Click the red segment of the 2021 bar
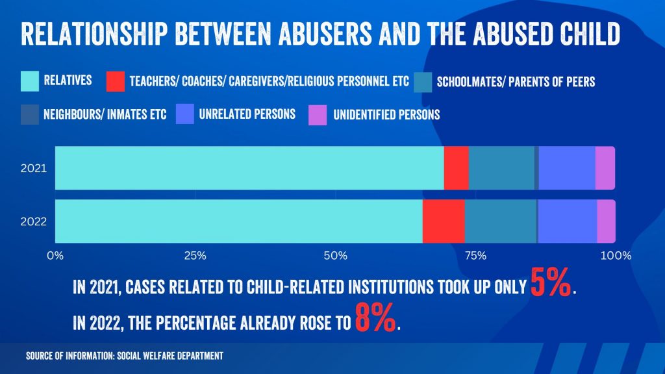point(457,168)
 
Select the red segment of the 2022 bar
point(444,221)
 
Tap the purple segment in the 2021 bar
point(605,168)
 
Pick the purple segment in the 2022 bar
point(607,221)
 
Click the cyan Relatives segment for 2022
point(239,221)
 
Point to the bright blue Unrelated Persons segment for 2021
point(567,168)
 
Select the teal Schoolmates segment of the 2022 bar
point(501,221)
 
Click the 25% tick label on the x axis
point(195,256)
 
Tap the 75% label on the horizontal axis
point(475,256)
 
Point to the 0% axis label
point(55,256)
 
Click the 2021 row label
point(34,168)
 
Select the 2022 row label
point(34,222)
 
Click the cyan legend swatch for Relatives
point(30,81)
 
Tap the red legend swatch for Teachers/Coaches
point(116,81)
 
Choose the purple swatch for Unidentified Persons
point(318,115)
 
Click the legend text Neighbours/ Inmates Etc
point(105,114)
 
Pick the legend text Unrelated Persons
point(247,114)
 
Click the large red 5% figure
point(551,282)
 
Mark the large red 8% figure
point(375,317)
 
